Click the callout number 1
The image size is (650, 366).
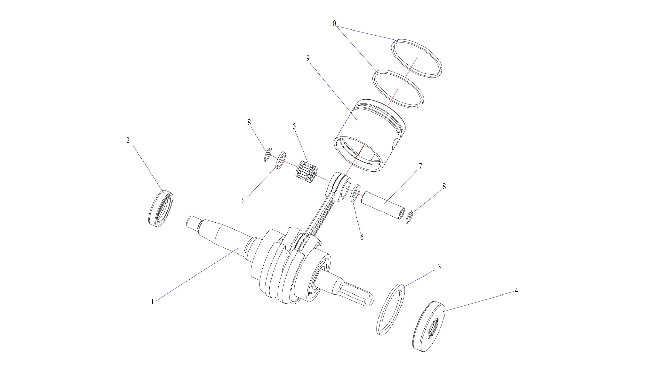(152, 302)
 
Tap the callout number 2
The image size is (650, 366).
(128, 140)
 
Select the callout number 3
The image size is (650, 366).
(439, 267)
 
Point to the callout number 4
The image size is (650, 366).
(516, 291)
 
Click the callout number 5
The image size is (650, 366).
(294, 126)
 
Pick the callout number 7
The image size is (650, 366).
(421, 166)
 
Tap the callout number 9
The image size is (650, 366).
(308, 58)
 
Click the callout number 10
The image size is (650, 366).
(333, 23)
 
